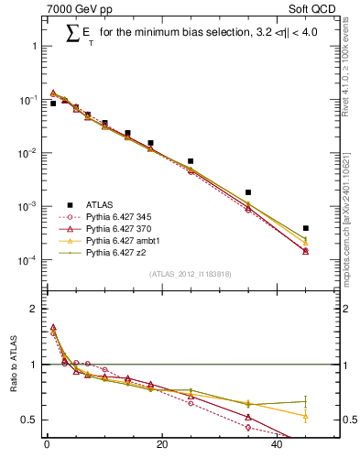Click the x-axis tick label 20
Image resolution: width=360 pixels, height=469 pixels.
[162, 447]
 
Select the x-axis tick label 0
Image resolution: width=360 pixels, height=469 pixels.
[47, 447]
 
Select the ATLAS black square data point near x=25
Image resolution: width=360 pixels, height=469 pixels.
[191, 161]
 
